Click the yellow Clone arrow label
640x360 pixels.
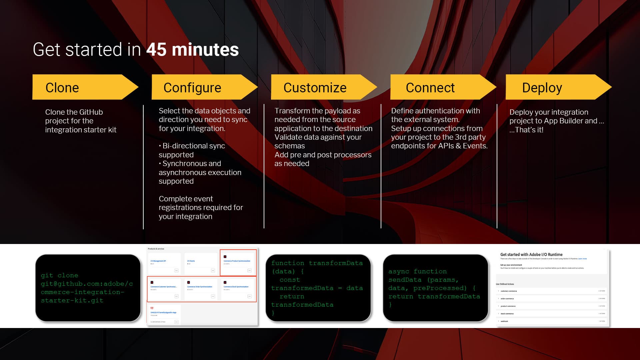pos(62,88)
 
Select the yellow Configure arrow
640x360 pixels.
pos(192,88)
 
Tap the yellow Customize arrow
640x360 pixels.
pos(315,88)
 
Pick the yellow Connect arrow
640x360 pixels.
pos(430,88)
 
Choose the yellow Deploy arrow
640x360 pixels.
pos(542,88)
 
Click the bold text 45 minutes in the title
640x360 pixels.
pos(192,50)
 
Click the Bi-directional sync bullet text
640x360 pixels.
pos(193,146)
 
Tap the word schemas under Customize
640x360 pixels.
pos(289,146)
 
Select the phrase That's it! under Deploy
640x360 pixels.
pos(529,130)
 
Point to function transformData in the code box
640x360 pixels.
pos(317,263)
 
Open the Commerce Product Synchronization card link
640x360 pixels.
pos(237,261)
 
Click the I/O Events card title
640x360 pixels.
pos(191,261)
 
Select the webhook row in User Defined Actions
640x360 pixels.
pos(504,321)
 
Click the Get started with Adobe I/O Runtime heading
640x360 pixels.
pos(531,254)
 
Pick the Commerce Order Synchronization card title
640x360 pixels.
pos(200,287)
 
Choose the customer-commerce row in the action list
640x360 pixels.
pos(509,291)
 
